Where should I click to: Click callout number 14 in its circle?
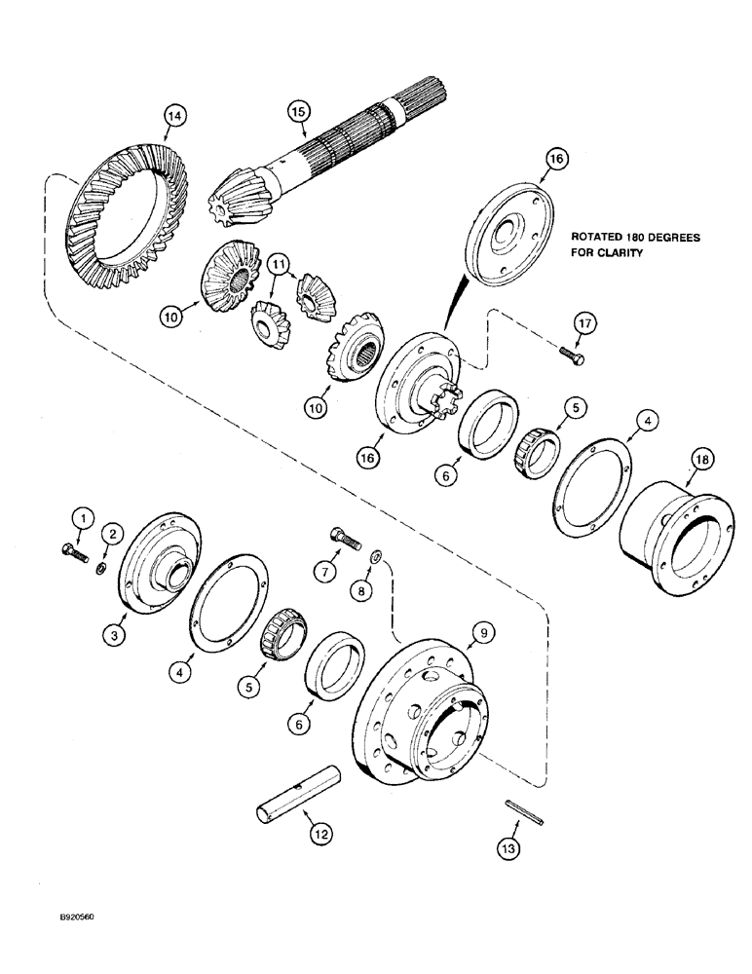click(x=173, y=117)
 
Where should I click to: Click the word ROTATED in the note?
click(x=601, y=237)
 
